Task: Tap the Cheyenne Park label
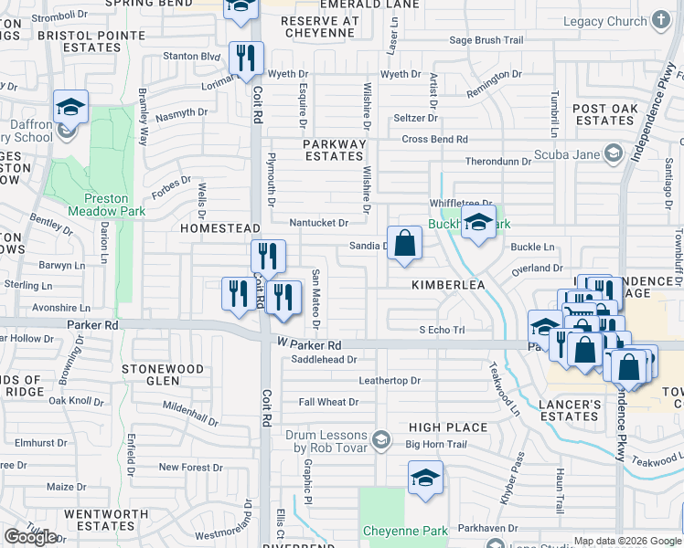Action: click(x=405, y=531)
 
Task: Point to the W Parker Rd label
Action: click(x=309, y=346)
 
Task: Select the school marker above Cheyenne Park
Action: click(x=425, y=479)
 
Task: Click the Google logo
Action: click(x=31, y=537)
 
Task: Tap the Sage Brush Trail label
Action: click(x=486, y=40)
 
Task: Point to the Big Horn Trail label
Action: click(x=436, y=445)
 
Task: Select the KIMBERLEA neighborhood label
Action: click(x=447, y=285)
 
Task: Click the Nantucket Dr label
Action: click(x=318, y=222)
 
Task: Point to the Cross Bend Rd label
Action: click(x=434, y=139)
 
